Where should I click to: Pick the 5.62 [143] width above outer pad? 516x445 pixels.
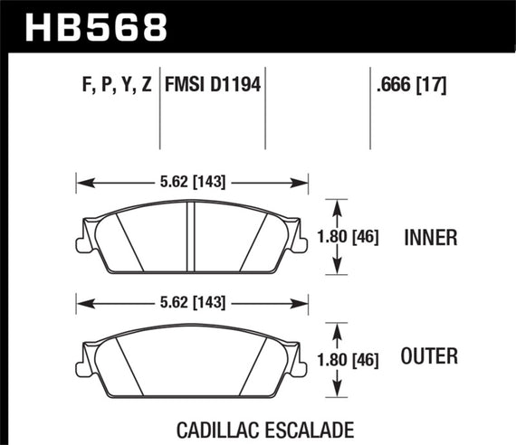tap(194, 301)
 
